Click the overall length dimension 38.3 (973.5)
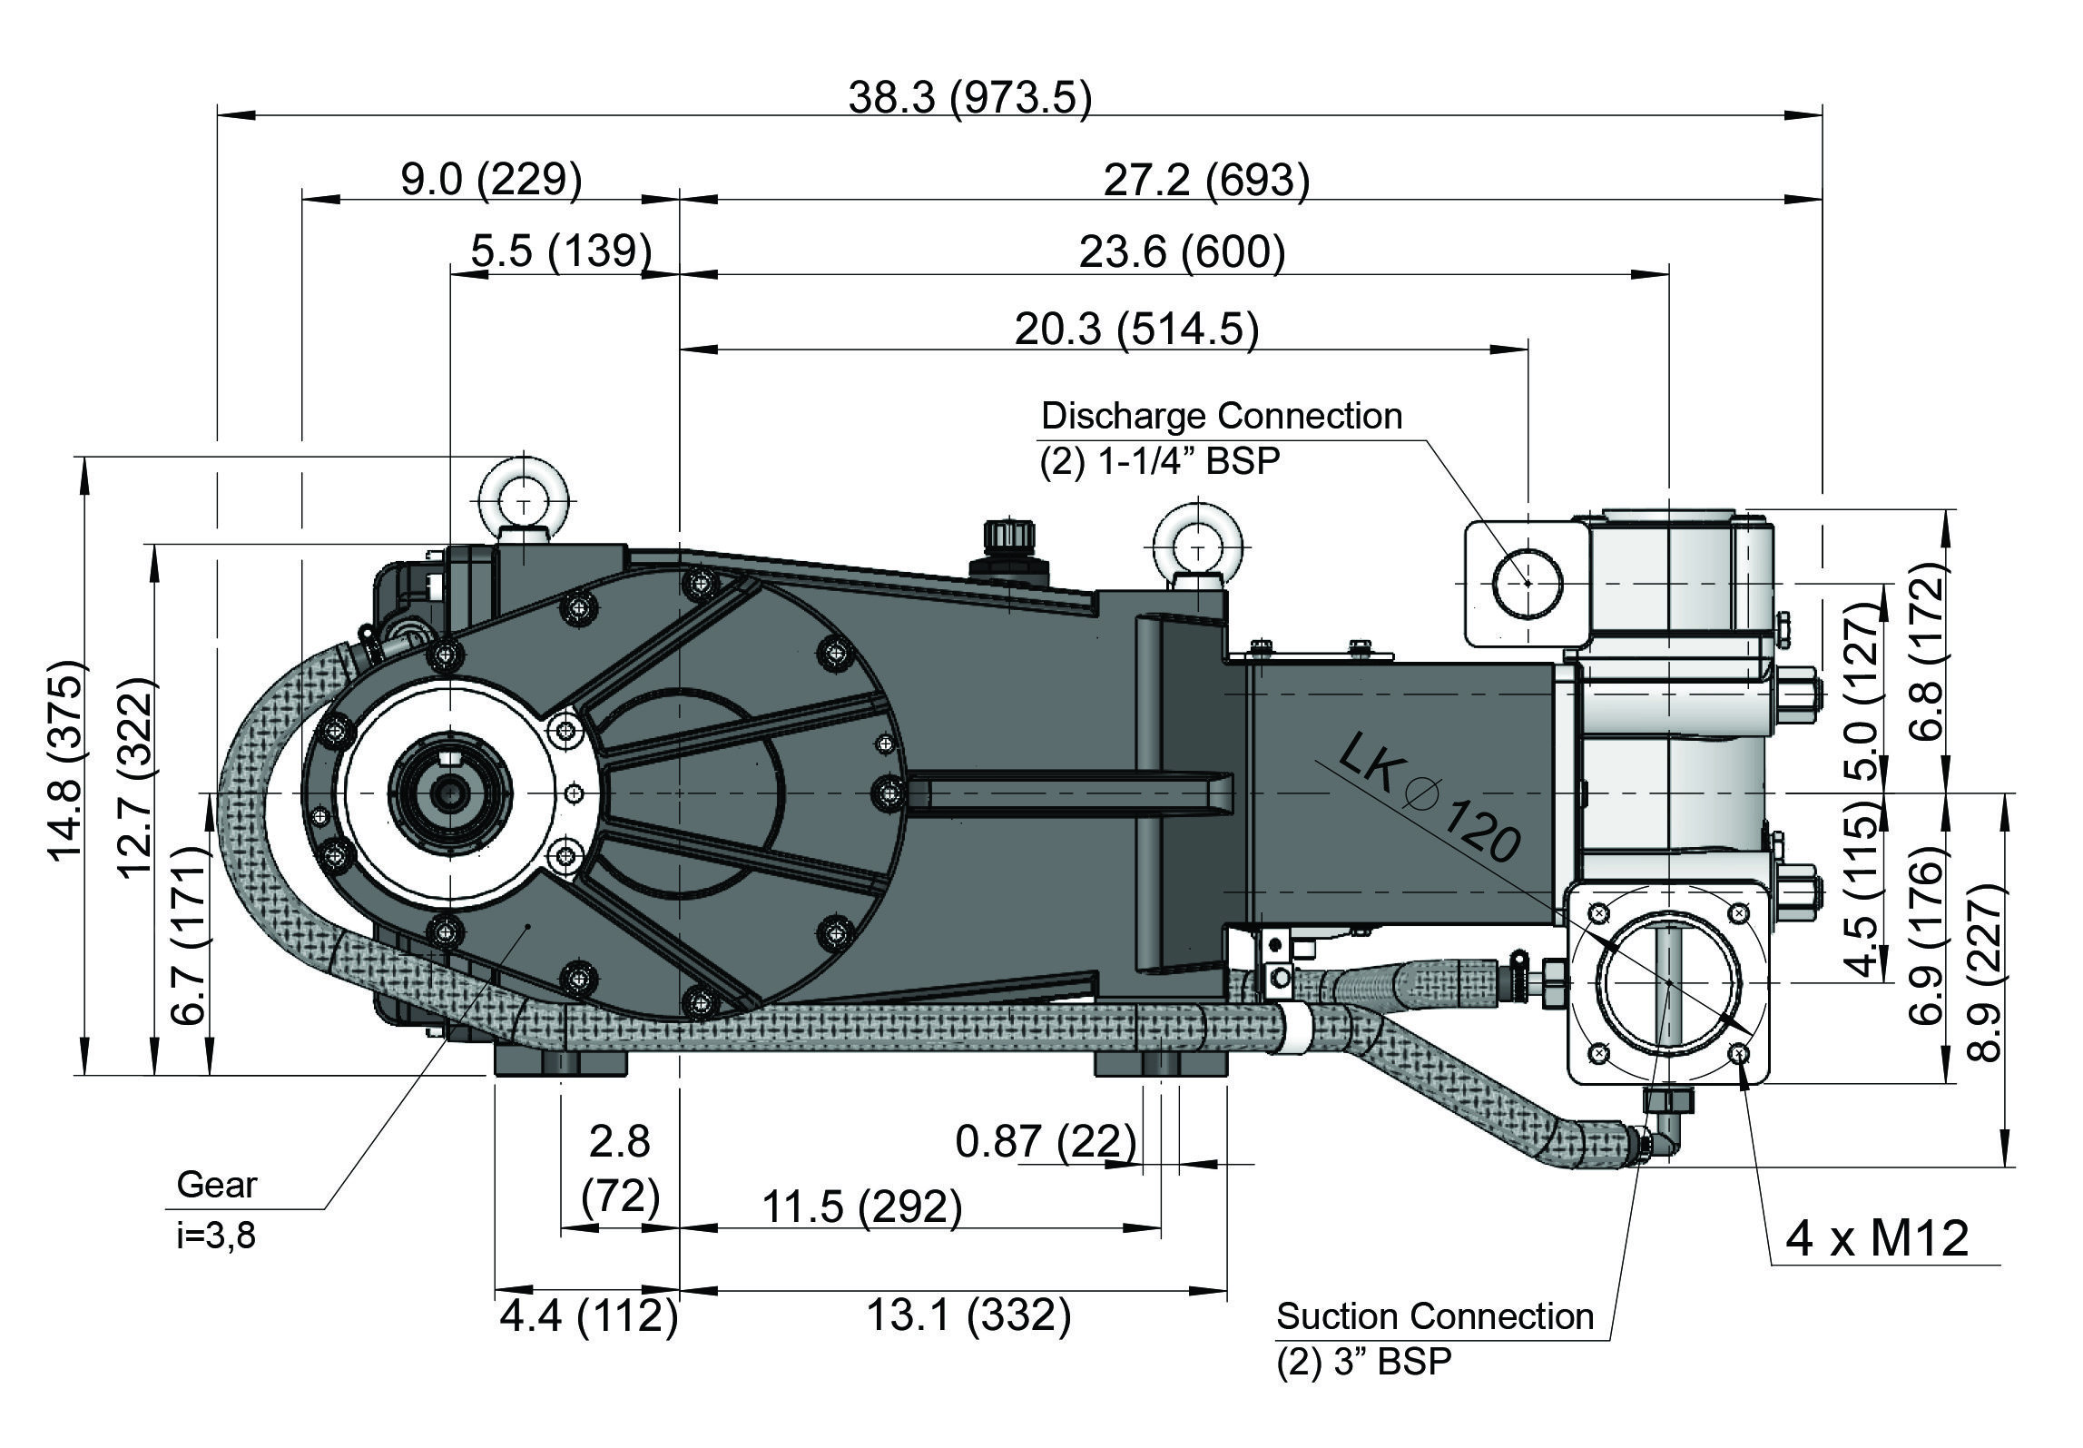969,98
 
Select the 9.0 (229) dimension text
491,180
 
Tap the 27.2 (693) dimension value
1206,180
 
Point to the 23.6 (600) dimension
1182,251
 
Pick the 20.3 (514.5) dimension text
1136,329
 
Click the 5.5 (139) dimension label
561,251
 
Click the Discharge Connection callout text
1221,417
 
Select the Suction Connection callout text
1434,1316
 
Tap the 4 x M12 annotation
1877,1238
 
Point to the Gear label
217,1185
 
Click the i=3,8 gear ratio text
216,1236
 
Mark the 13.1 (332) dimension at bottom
969,1315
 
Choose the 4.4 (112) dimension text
588,1315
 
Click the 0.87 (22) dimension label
1046,1140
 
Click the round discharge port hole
1528,583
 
